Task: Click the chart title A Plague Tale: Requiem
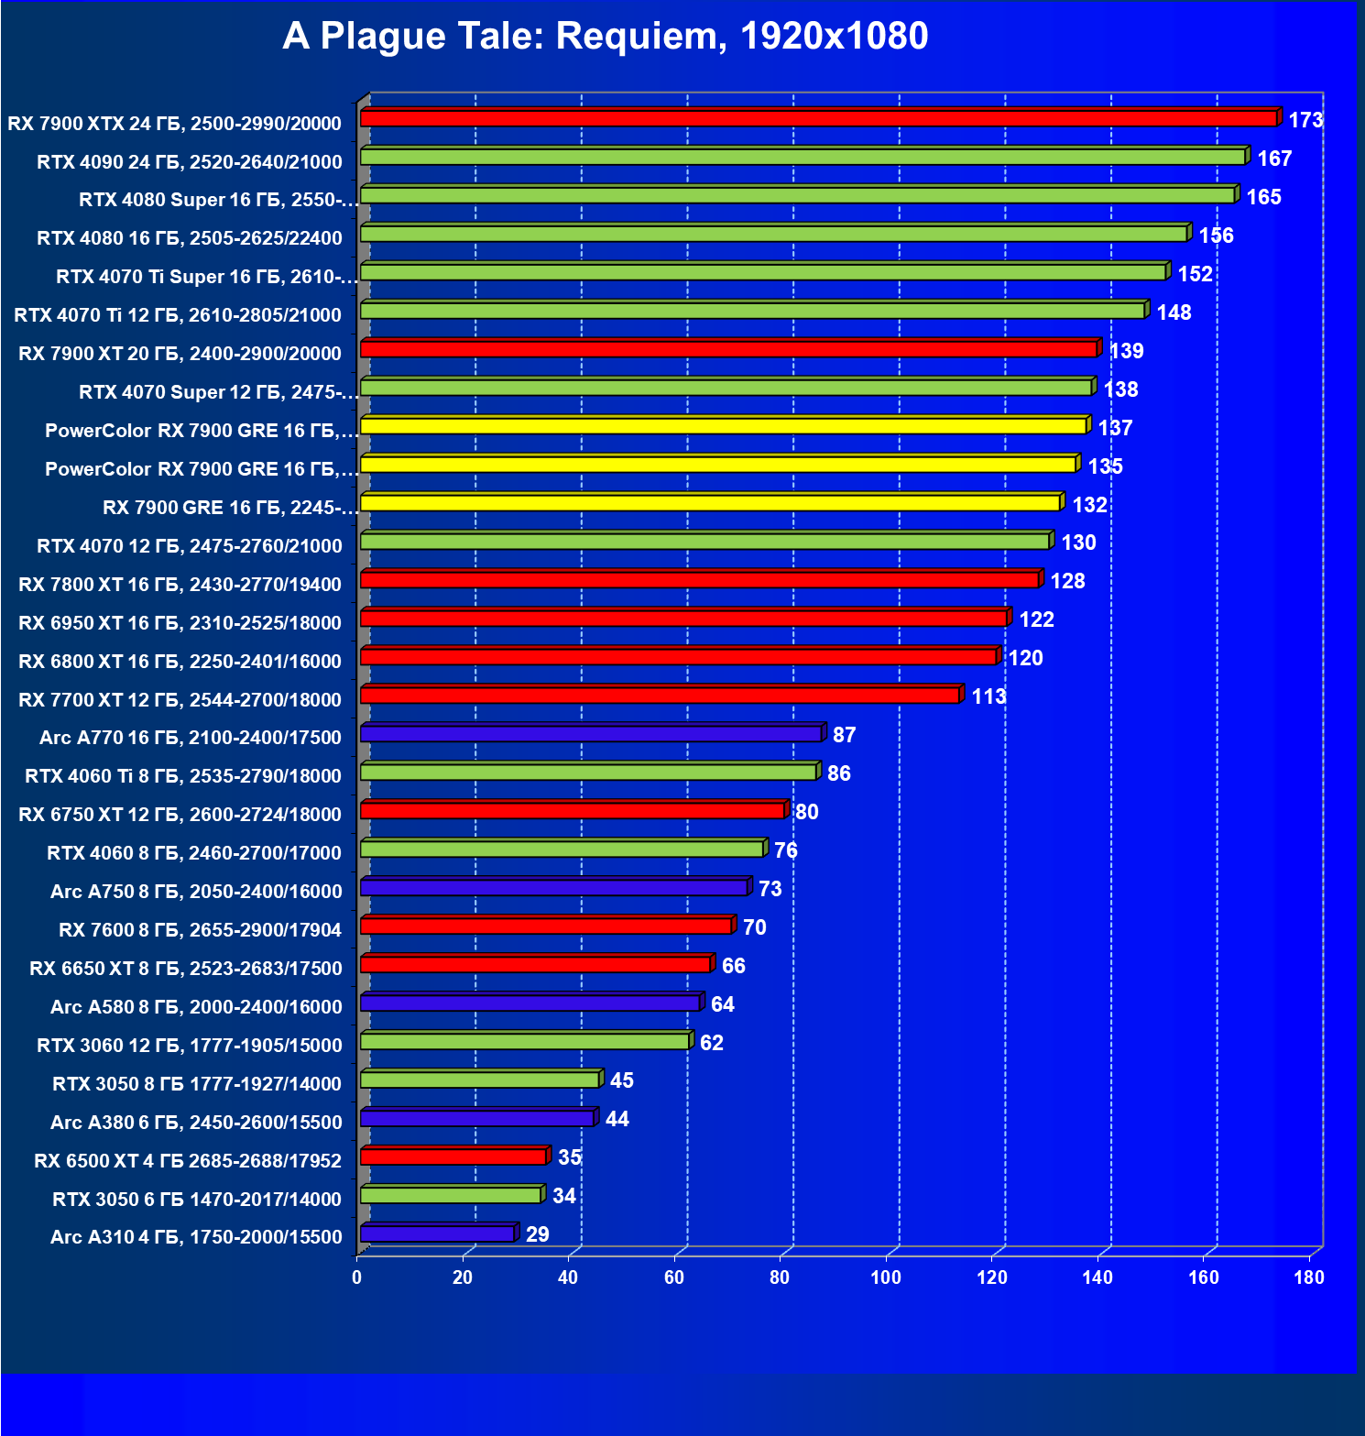(605, 37)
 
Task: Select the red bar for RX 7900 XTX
(818, 118)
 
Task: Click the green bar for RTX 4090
(803, 157)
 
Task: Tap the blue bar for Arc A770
(591, 733)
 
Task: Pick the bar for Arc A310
(437, 1233)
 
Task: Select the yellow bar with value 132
(710, 502)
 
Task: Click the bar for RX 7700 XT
(660, 695)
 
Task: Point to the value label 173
(1305, 120)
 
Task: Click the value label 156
(1216, 236)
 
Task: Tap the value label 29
(537, 1234)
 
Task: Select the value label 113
(988, 696)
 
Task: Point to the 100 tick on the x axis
(885, 1277)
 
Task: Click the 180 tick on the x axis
(1309, 1277)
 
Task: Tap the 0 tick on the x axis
(356, 1277)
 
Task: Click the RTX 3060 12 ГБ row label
(189, 1045)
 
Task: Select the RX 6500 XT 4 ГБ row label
(187, 1160)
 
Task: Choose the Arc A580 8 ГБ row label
(196, 1006)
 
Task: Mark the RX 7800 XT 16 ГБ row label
(180, 584)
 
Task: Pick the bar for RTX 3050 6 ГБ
(451, 1195)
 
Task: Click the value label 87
(844, 735)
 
